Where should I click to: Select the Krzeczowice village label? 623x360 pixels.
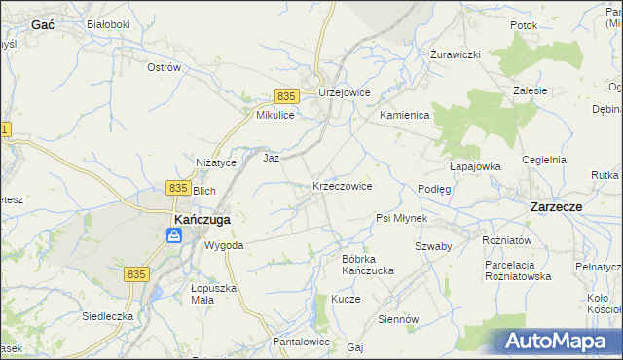(342, 185)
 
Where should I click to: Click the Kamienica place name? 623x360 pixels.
(404, 115)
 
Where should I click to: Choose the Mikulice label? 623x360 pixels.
(275, 115)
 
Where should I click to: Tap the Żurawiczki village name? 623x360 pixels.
(457, 54)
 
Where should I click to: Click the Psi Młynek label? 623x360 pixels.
(402, 218)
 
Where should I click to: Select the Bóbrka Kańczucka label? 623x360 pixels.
(367, 264)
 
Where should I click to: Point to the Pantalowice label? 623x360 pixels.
(302, 342)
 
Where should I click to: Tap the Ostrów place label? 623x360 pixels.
(164, 67)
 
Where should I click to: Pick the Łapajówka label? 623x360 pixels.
(475, 166)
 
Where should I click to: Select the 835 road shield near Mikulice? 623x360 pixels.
(285, 96)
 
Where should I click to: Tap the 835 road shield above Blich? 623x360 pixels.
(177, 187)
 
